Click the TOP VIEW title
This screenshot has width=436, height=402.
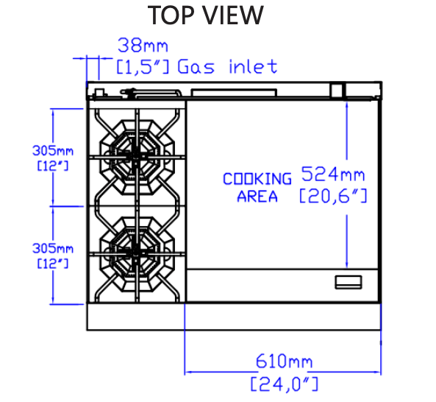point(205,15)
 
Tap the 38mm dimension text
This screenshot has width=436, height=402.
point(143,45)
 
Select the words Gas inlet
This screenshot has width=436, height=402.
point(227,66)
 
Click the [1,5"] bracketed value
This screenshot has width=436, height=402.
point(143,66)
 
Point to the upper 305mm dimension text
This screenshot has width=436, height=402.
point(53,151)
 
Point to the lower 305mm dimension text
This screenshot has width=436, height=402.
point(53,248)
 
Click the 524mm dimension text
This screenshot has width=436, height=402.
point(333,174)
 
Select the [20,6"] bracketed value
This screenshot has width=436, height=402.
point(333,196)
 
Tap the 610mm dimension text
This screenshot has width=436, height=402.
point(284,361)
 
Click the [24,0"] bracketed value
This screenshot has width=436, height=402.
point(285,384)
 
